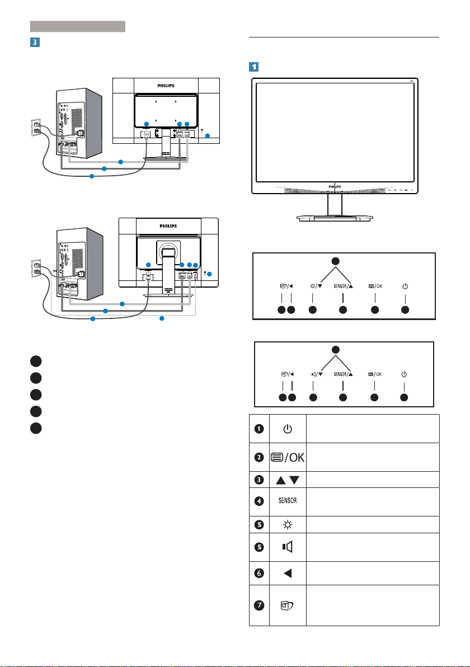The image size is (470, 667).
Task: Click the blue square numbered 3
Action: click(x=35, y=42)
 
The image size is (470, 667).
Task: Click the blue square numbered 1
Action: click(x=254, y=67)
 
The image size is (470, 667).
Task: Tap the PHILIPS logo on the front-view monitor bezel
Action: click(x=335, y=187)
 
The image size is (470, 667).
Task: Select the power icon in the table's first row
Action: click(x=288, y=429)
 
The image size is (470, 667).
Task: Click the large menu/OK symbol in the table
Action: click(x=288, y=457)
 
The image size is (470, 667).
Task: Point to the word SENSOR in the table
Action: click(x=288, y=501)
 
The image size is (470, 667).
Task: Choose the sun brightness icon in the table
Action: click(x=288, y=525)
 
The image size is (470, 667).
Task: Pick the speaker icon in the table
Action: click(x=288, y=547)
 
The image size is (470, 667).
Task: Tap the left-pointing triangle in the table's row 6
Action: click(x=288, y=574)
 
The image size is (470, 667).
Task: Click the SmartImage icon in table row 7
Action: click(x=288, y=605)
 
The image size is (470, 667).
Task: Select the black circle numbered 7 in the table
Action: click(x=259, y=605)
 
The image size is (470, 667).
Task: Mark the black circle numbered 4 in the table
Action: click(x=259, y=501)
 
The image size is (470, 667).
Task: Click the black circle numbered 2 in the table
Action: click(x=259, y=457)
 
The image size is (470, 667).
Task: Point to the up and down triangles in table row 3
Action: click(x=288, y=480)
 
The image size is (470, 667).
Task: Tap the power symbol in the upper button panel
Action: click(x=405, y=286)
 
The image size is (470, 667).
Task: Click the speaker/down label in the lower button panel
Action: click(x=317, y=374)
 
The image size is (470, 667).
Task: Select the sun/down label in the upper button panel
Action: click(x=316, y=286)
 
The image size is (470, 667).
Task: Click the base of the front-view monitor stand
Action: click(x=335, y=218)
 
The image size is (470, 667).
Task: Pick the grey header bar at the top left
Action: click(x=78, y=26)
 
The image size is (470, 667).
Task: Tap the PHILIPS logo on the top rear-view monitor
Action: click(x=166, y=86)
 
